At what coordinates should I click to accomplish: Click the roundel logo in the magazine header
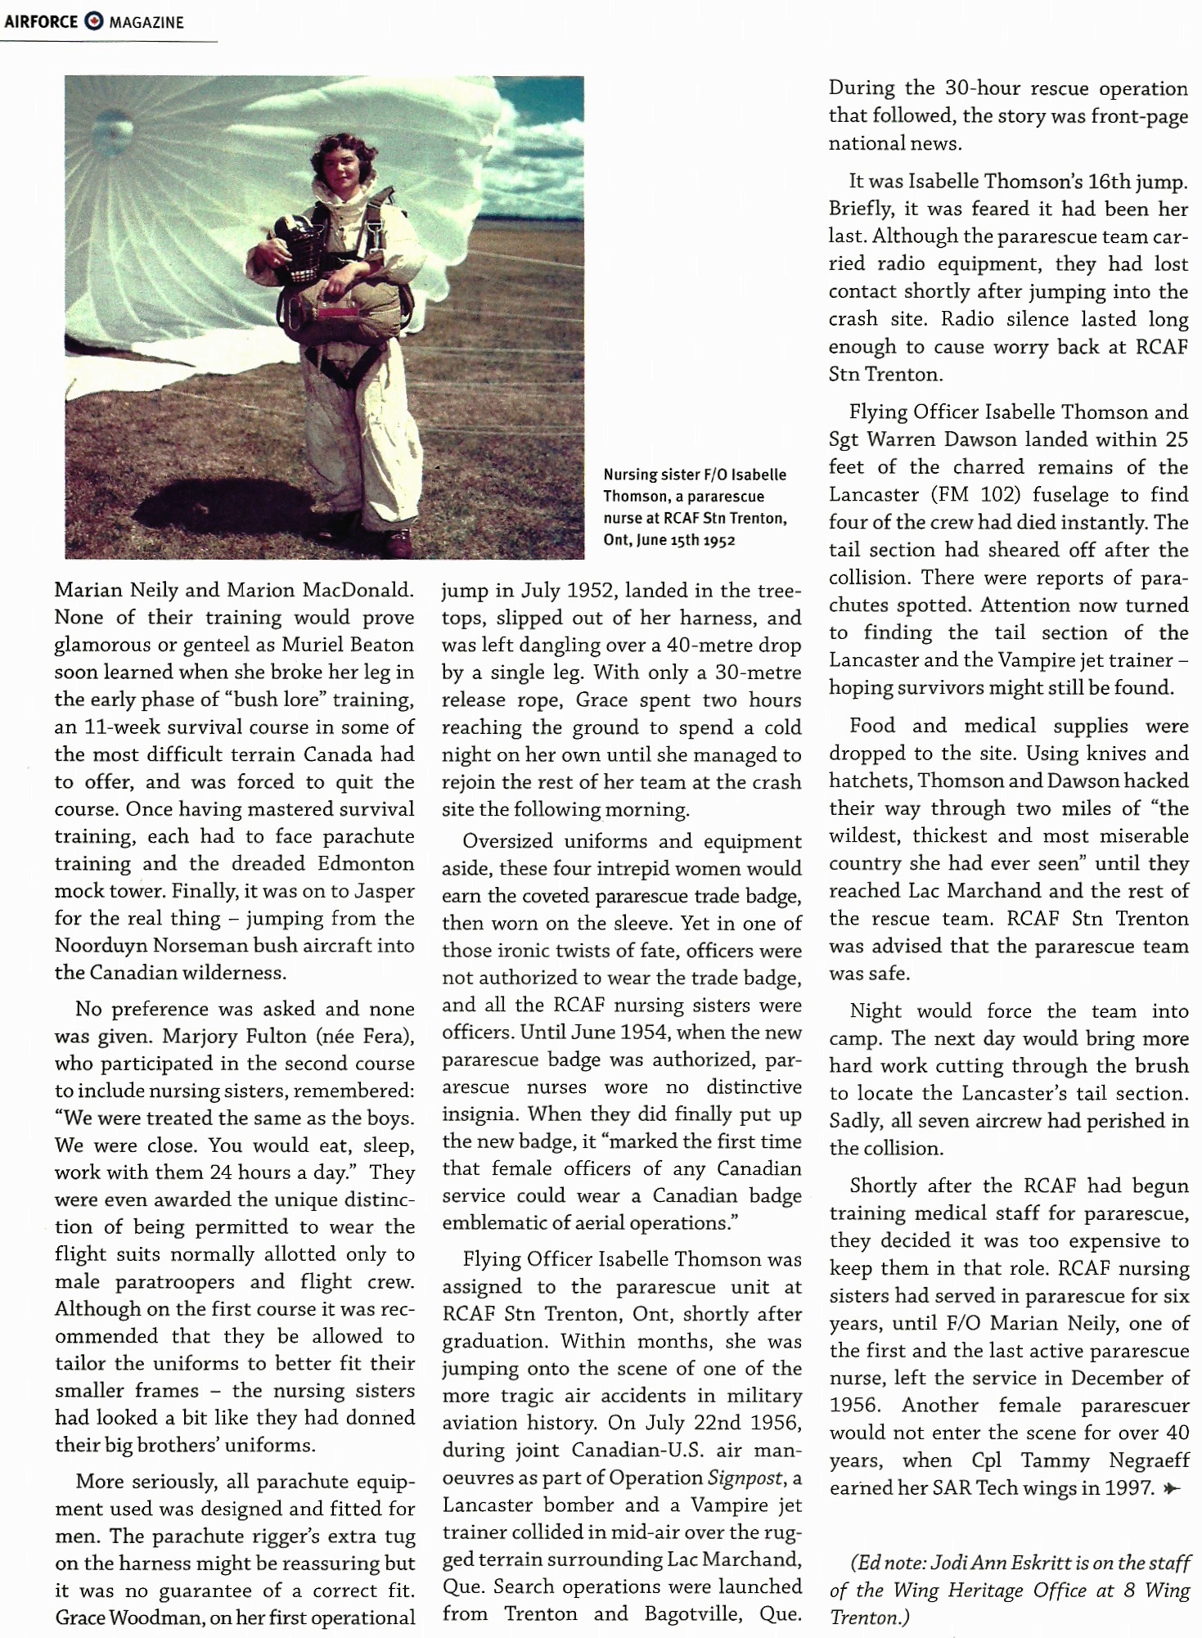click(94, 22)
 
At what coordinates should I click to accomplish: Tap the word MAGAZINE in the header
click(146, 23)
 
